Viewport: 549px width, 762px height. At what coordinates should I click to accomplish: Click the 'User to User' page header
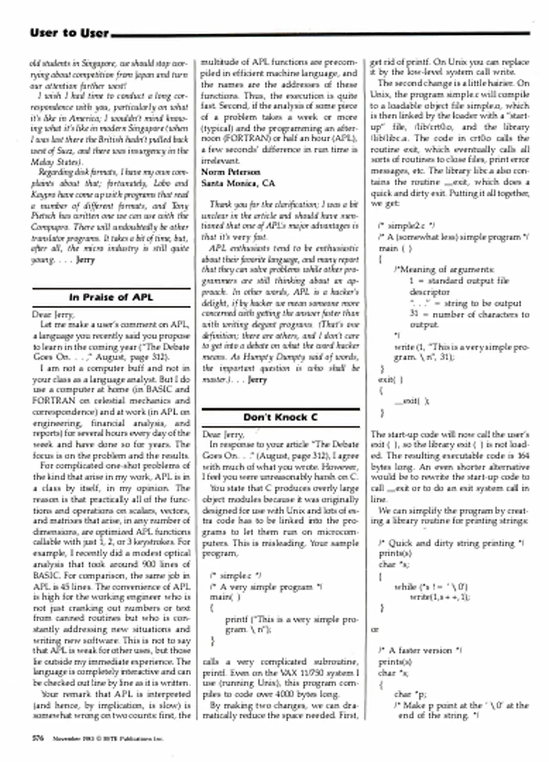[70, 33]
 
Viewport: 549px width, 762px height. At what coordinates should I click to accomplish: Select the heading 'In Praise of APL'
[111, 297]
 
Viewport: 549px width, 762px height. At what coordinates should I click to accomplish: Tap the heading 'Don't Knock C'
[280, 417]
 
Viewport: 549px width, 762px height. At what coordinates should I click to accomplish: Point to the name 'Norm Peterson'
[231, 172]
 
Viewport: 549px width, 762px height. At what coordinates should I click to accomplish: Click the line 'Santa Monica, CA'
[238, 183]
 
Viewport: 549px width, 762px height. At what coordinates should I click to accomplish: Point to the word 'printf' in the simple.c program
[236, 619]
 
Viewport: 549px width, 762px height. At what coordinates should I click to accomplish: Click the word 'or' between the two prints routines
[375, 630]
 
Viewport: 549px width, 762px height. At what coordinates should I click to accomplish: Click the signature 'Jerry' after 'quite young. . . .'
[85, 260]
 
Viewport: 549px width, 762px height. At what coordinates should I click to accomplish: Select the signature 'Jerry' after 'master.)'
[257, 380]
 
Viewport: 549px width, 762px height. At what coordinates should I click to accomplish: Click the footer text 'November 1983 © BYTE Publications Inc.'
[108, 739]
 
